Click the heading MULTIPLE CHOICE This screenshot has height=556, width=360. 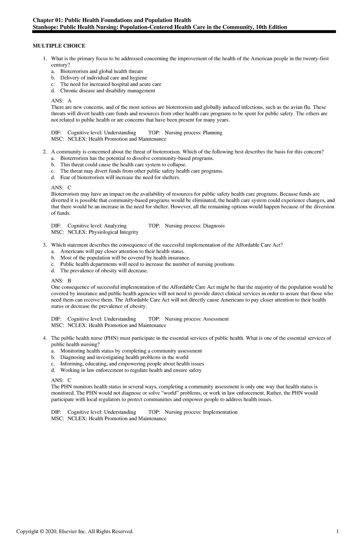pyautogui.click(x=59, y=46)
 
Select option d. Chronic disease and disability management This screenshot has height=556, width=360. pyautogui.click(x=107, y=91)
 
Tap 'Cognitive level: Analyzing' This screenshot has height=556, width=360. pyautogui.click(x=97, y=226)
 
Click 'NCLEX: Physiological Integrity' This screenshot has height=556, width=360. pyautogui.click(x=103, y=232)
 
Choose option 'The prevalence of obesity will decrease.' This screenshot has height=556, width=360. pyautogui.click(x=104, y=271)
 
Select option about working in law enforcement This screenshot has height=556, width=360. pyautogui.click(x=131, y=370)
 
